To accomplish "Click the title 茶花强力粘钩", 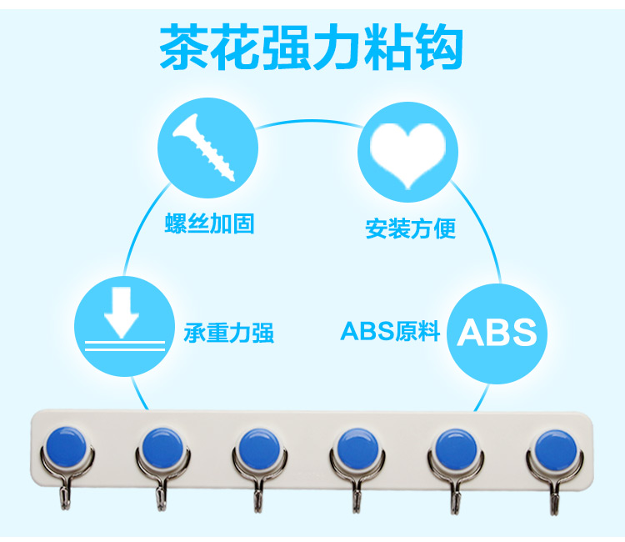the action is pos(312,47).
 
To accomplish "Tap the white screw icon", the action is pos(203,148).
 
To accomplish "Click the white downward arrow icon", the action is pos(122,313).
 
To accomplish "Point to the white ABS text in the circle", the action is pos(497,332).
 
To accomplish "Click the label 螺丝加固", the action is pos(210,223).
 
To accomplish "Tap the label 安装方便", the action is pos(411,228).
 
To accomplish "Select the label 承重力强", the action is pos(229,333).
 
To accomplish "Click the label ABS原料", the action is pos(390,331).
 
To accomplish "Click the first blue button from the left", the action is pos(66,446).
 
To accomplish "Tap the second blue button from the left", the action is pos(162,448).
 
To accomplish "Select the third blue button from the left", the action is pos(259,449).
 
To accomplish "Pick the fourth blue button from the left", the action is pos(357,449).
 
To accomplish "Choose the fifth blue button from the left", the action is pos(456,449).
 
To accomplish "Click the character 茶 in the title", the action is pos(184,47).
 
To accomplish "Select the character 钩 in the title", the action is pos(439,47).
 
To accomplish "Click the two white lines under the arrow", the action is pos(125,346).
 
